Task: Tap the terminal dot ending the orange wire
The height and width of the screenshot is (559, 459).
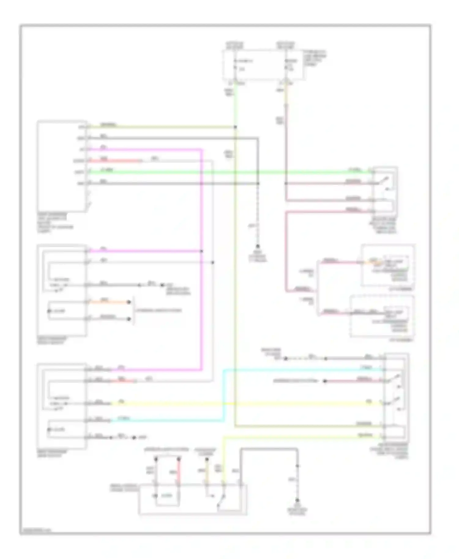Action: tap(129, 302)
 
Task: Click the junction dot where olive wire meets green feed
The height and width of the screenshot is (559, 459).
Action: tap(235, 127)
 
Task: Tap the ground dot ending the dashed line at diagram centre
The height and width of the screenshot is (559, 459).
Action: tap(258, 246)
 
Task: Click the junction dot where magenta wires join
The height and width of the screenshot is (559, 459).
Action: tap(201, 251)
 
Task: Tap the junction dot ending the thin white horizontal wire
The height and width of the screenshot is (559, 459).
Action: tap(213, 262)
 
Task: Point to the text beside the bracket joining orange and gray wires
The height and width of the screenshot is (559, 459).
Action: tap(159, 310)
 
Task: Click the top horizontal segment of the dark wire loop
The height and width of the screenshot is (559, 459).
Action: tap(269, 449)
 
